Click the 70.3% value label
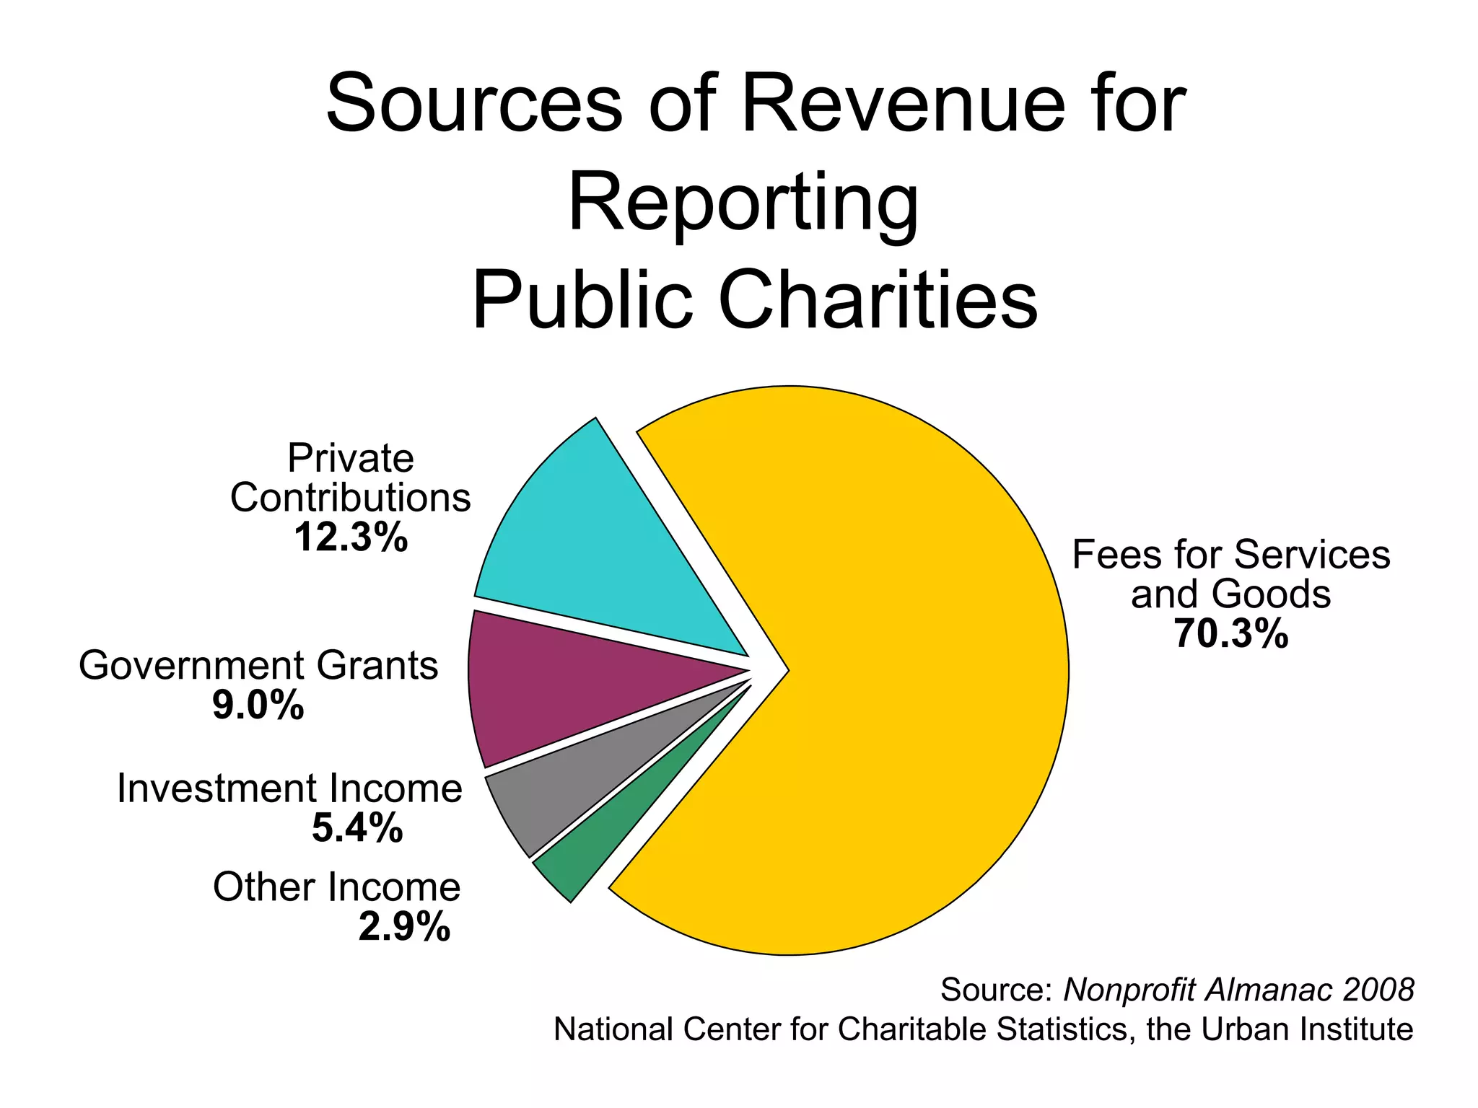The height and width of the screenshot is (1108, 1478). (x=1230, y=634)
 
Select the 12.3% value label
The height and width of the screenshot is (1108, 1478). (x=351, y=537)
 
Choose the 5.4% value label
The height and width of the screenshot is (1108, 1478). (x=357, y=827)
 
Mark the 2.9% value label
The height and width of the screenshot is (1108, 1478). (x=404, y=927)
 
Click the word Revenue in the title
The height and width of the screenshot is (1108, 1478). (x=902, y=105)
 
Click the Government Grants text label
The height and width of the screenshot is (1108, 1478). (x=258, y=665)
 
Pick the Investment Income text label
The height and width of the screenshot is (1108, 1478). (x=289, y=788)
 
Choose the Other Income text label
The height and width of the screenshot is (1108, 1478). (x=336, y=887)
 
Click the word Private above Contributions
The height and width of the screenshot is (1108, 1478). (x=351, y=458)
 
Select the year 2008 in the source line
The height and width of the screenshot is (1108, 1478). (x=1378, y=990)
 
